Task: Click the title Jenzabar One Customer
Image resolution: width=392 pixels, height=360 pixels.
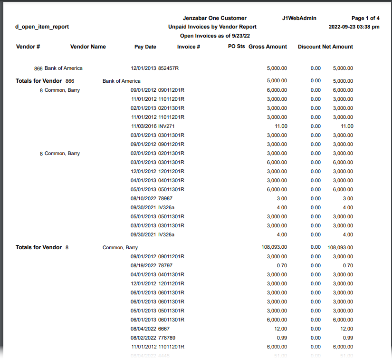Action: point(214,18)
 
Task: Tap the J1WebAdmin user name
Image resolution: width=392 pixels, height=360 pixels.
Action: point(299,18)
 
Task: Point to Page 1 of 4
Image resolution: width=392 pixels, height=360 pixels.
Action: point(365,18)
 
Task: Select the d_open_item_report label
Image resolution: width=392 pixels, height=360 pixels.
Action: point(42,27)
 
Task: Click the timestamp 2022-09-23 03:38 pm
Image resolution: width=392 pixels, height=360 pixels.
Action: point(354,27)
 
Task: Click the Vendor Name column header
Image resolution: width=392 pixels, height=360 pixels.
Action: point(88,47)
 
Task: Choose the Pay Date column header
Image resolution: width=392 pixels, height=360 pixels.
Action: point(145,47)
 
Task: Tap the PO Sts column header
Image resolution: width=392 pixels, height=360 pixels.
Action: point(236,47)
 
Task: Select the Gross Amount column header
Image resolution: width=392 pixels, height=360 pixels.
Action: point(268,47)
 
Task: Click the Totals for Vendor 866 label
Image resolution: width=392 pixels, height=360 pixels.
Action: point(45,81)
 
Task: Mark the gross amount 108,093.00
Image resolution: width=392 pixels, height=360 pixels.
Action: point(274,247)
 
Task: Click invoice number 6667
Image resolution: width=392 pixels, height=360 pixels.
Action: point(164,329)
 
